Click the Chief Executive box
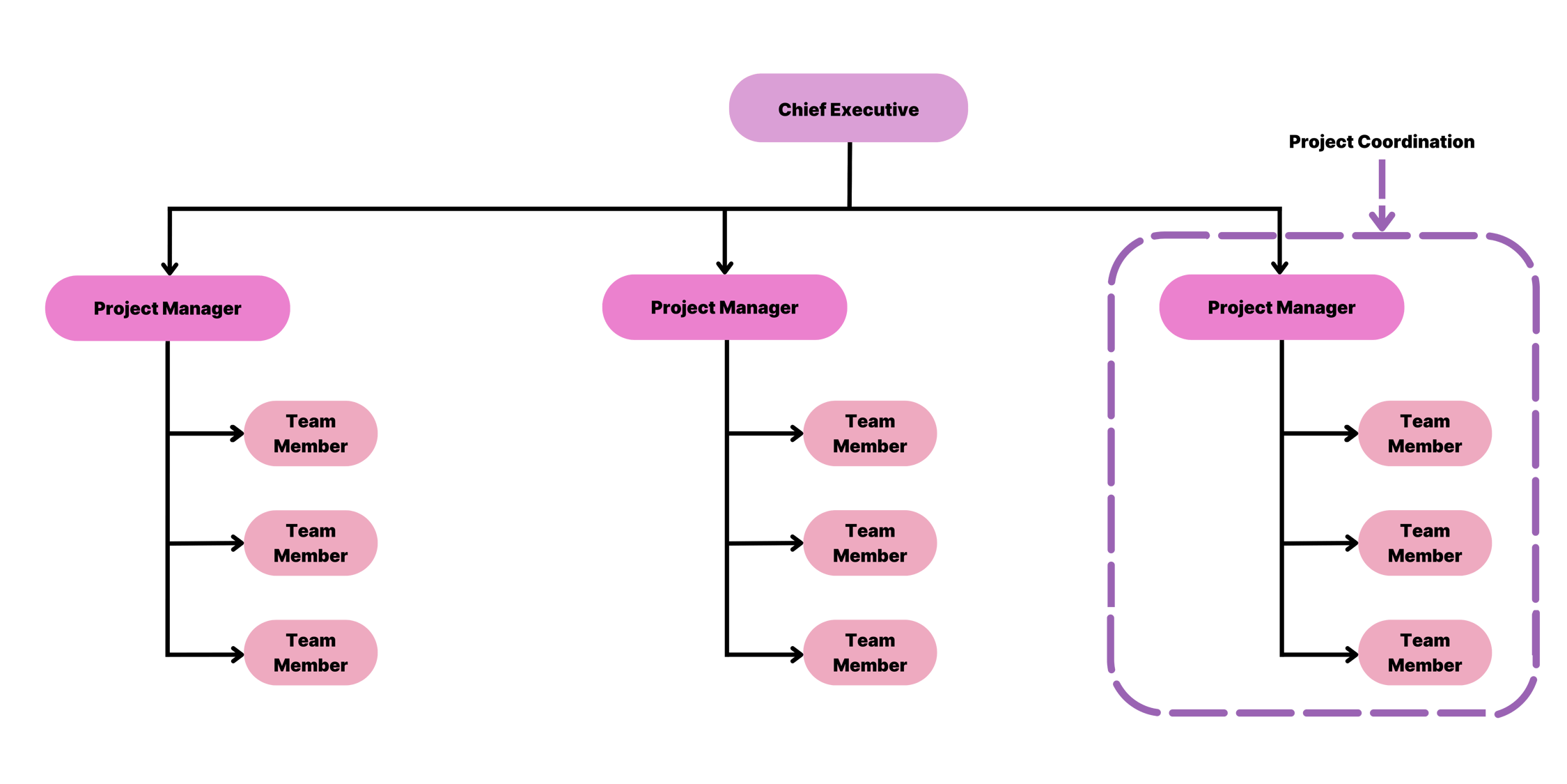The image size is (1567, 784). coord(848,109)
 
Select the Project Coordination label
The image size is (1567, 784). coord(1381,141)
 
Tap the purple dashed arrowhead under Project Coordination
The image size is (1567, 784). coord(1382,220)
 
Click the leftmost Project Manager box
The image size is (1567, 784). coord(167,308)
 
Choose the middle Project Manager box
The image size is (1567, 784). coord(724,307)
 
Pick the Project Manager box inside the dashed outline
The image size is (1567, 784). coord(1281,307)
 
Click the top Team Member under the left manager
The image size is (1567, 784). coord(311,433)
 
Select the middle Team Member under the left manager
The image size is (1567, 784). coord(311,543)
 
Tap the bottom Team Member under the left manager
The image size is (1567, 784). coord(311,652)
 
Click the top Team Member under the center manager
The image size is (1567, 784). coord(870,433)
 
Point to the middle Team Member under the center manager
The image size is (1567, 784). coord(870,543)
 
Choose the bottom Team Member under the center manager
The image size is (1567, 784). coord(870,652)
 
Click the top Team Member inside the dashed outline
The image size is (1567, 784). coord(1425,433)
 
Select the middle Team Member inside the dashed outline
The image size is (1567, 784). coord(1425,543)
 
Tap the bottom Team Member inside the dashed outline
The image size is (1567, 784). coord(1425,652)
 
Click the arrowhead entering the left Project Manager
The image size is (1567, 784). coord(169,268)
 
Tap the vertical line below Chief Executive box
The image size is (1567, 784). coord(850,174)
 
